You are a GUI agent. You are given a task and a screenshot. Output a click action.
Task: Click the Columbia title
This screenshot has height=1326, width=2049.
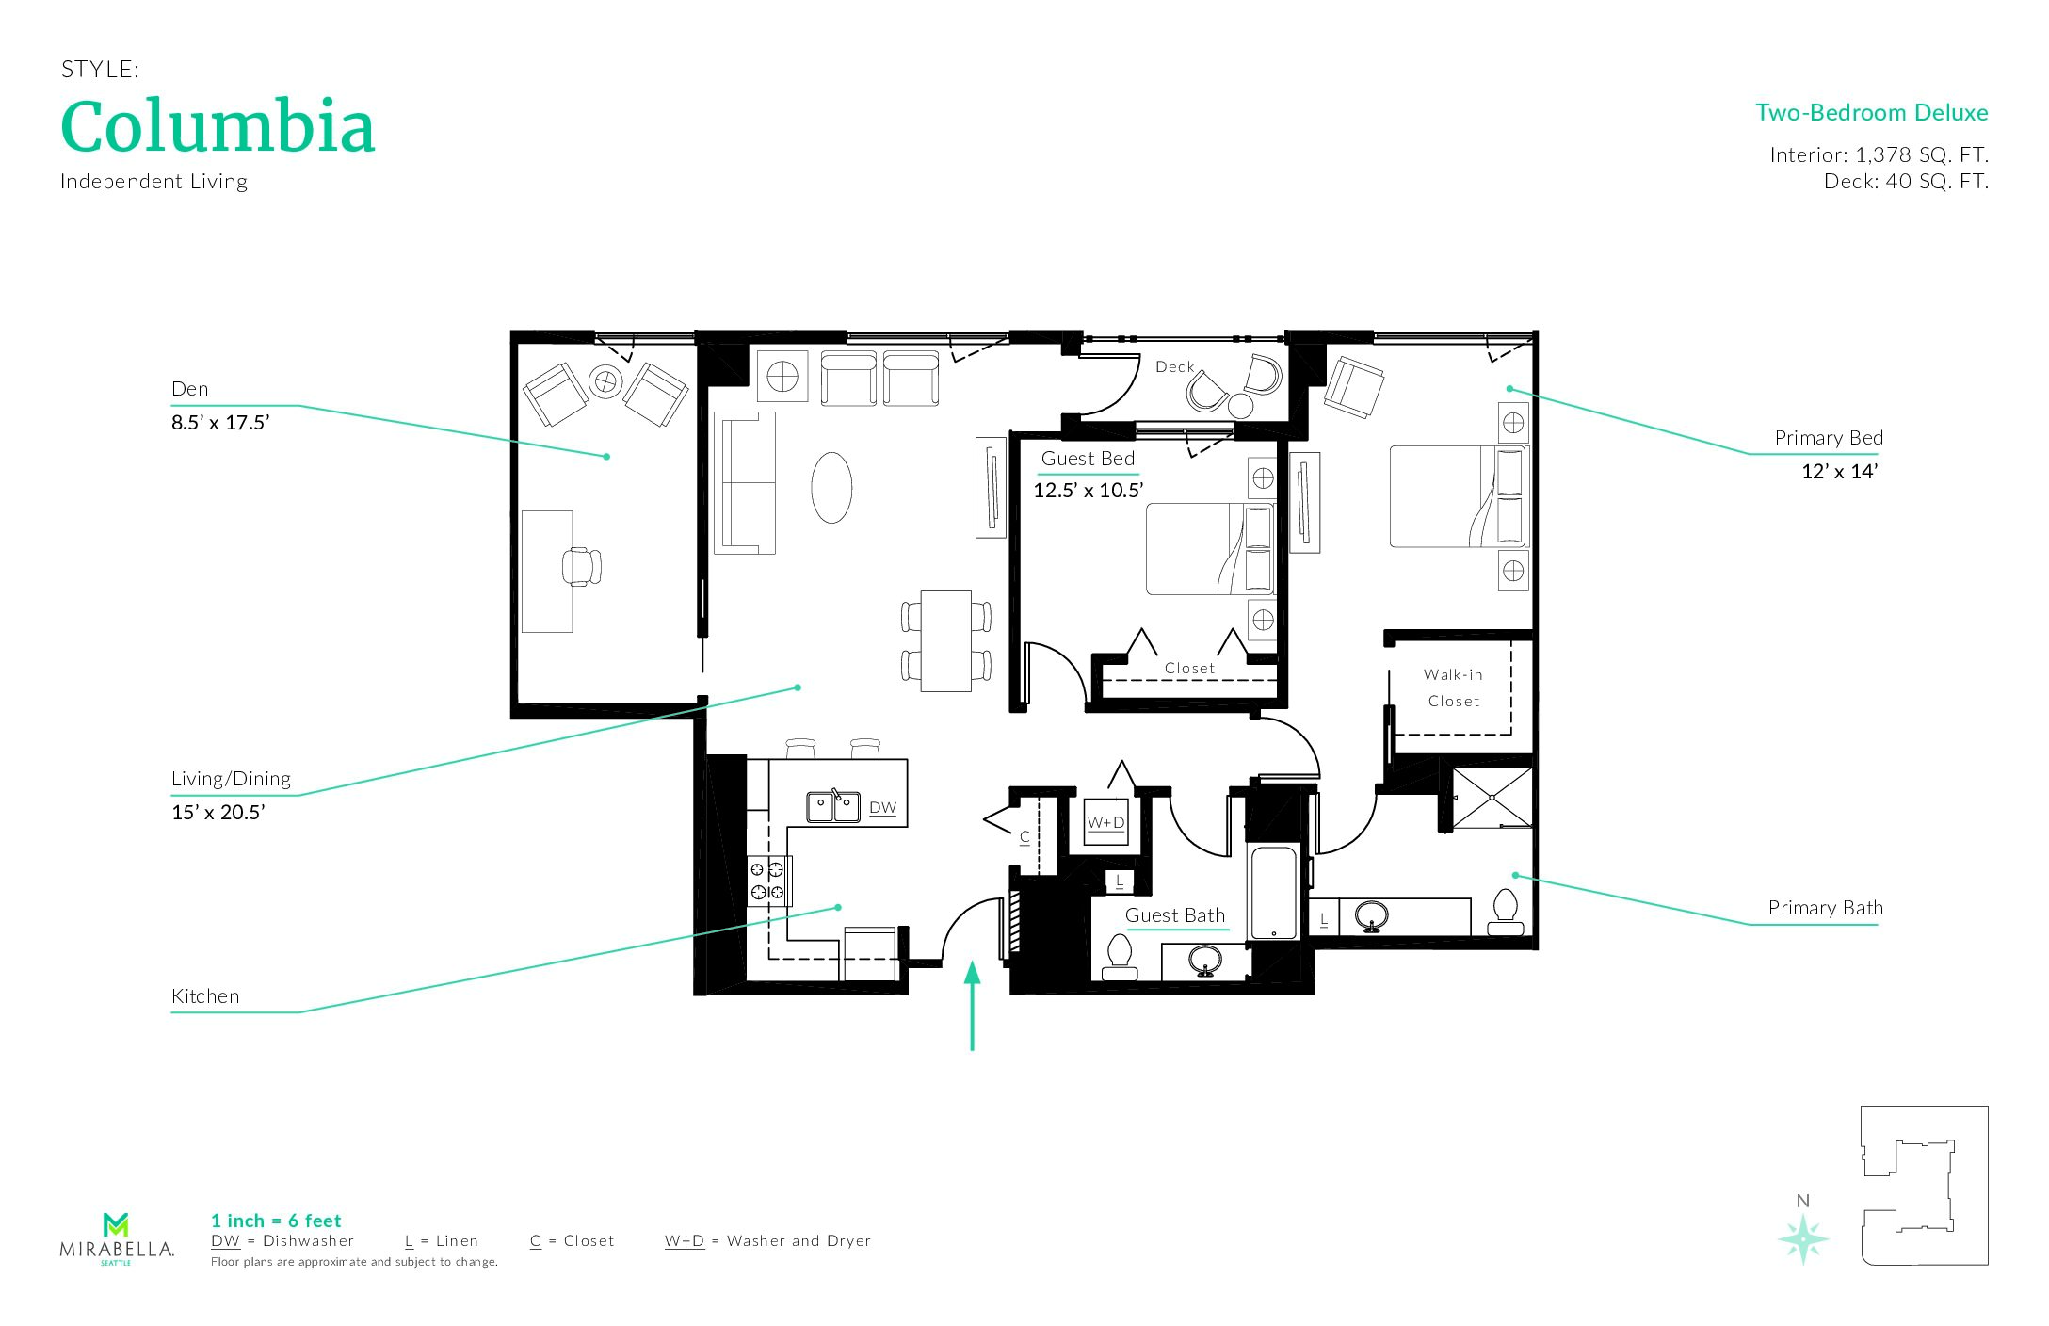click(218, 126)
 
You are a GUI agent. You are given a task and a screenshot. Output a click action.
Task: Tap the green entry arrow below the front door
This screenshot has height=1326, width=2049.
click(972, 1005)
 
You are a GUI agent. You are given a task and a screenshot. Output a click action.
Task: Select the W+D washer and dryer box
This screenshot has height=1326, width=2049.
click(1105, 822)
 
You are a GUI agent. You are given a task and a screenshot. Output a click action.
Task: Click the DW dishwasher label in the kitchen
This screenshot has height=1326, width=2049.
click(882, 808)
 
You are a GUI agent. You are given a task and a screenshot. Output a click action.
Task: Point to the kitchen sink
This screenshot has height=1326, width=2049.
click(833, 806)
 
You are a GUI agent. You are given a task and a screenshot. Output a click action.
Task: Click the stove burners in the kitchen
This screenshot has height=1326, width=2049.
click(767, 881)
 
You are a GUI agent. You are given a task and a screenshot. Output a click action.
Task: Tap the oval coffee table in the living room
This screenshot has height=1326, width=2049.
click(831, 487)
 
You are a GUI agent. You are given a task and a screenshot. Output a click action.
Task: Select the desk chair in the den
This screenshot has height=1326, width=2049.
click(581, 566)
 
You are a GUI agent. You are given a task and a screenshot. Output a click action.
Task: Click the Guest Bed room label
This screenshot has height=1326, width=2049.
click(1088, 459)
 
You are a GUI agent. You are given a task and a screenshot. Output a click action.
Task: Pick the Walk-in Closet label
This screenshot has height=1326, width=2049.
click(1453, 687)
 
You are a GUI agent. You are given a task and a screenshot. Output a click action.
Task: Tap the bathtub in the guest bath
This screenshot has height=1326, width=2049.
click(1273, 893)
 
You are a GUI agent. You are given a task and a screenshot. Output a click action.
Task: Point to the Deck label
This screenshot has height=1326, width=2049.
click(1174, 366)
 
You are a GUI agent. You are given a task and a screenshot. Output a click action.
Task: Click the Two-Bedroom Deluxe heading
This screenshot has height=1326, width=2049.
click(1871, 113)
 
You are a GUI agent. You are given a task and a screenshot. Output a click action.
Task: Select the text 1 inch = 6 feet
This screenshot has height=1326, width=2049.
click(276, 1221)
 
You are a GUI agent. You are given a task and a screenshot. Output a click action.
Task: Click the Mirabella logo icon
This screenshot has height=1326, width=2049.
click(116, 1224)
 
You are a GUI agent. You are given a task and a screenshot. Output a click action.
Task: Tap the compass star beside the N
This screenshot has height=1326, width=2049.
click(1803, 1238)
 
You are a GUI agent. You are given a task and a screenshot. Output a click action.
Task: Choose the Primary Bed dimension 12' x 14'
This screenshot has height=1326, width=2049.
click(1839, 472)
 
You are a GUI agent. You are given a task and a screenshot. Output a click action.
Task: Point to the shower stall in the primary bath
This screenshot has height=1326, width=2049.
click(1492, 798)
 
